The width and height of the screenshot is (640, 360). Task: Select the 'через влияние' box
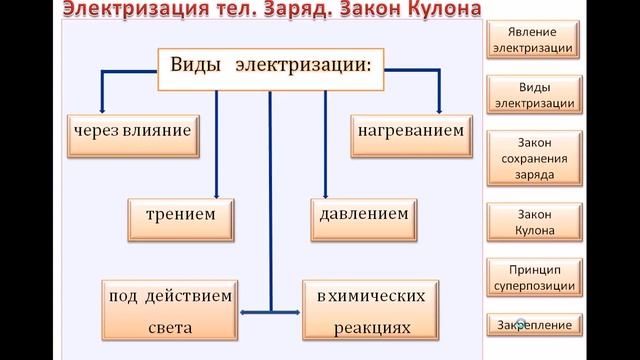click(131, 131)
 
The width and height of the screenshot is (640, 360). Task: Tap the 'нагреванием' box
click(409, 131)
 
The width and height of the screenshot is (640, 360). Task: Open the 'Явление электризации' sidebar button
click(533, 39)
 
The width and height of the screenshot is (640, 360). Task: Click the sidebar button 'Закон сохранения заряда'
click(533, 158)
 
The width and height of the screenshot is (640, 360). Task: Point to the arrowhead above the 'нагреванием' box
click(438, 107)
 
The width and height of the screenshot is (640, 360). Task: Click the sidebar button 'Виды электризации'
click(533, 94)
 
